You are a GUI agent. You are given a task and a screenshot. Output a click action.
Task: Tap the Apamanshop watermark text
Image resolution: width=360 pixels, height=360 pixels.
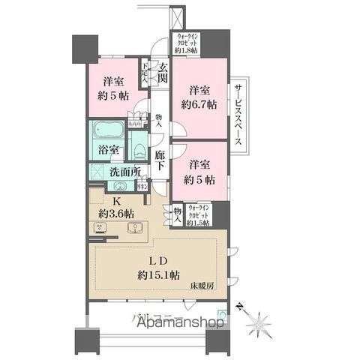170,323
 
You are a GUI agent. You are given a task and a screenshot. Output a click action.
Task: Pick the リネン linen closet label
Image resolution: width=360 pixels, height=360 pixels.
140,186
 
